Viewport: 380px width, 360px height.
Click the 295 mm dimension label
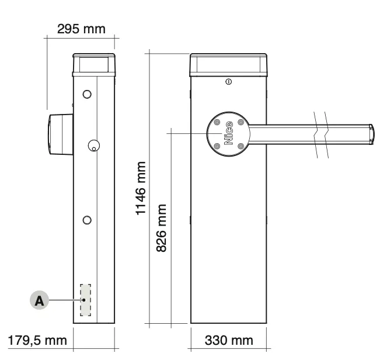click(x=81, y=29)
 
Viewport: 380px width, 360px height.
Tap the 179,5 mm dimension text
click(x=37, y=340)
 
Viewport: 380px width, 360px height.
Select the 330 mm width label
click(x=229, y=340)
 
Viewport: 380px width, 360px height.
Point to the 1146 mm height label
click(x=141, y=188)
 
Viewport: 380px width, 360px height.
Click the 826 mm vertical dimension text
click(x=162, y=228)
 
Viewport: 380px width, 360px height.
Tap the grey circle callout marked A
click(x=39, y=300)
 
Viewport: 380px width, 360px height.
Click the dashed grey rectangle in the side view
click(x=86, y=300)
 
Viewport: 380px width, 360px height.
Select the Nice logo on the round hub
click(x=229, y=133)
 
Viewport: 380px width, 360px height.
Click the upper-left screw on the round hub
click(x=217, y=122)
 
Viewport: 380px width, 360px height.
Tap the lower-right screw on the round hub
click(x=240, y=146)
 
